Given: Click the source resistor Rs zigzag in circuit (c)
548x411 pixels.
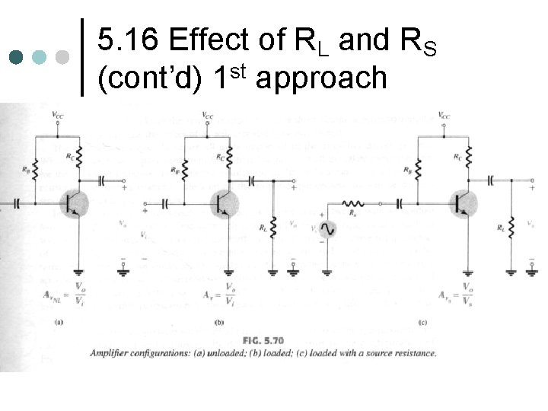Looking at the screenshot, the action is coord(353,203).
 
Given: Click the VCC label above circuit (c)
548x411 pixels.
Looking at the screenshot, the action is coord(444,116).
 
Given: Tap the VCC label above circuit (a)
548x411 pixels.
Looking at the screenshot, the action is coord(58,116).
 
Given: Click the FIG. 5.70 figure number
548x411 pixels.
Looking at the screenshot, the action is coord(262,339).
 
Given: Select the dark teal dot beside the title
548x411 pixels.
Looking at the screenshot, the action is coord(16,58).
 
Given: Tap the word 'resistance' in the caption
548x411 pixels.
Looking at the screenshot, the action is coord(413,352).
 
